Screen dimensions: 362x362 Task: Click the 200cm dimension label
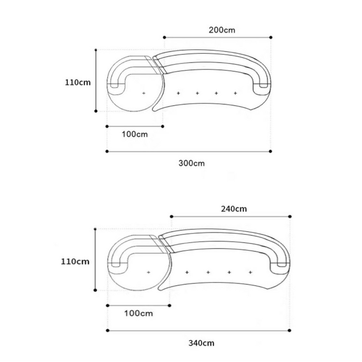pyautogui.click(x=222, y=30)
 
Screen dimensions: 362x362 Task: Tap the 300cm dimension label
pyautogui.click(x=192, y=163)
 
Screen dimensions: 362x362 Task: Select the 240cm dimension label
pyautogui.click(x=234, y=209)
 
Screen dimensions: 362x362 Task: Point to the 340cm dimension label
pyautogui.click(x=201, y=343)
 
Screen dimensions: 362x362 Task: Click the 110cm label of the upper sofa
pyautogui.click(x=78, y=82)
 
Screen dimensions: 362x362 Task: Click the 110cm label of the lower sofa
pyautogui.click(x=75, y=261)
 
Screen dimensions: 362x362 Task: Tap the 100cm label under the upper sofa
pyautogui.click(x=135, y=134)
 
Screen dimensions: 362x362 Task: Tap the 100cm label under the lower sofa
pyautogui.click(x=139, y=313)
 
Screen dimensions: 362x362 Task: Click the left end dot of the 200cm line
pyautogui.click(x=164, y=37)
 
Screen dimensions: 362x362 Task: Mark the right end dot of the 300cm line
pyautogui.click(x=270, y=151)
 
